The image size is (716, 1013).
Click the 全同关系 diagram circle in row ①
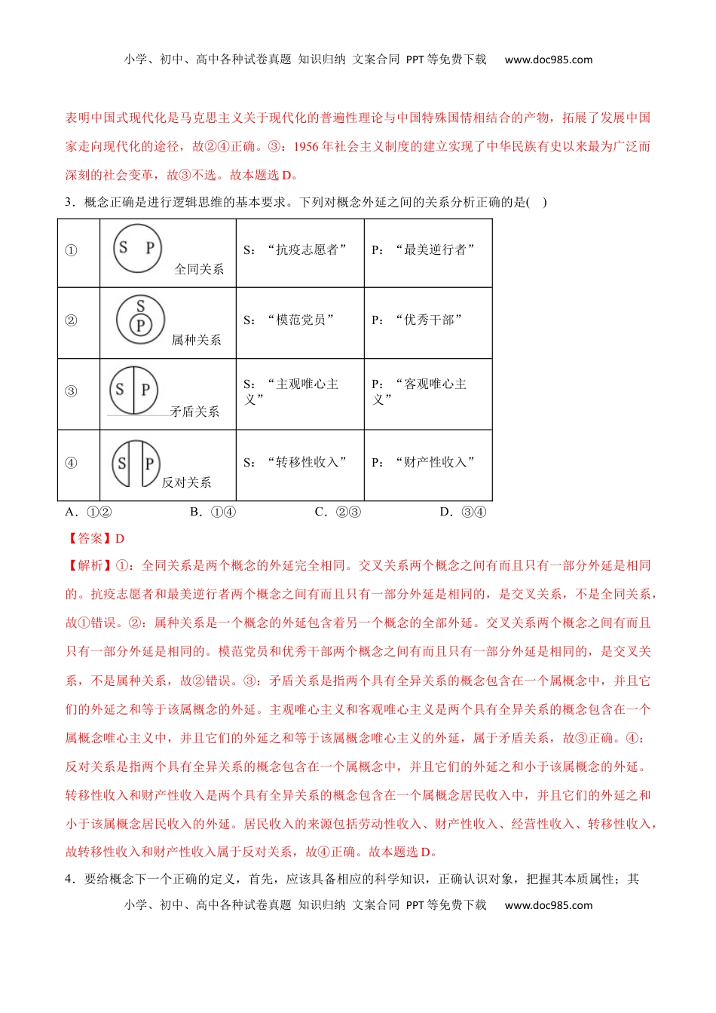[138, 248]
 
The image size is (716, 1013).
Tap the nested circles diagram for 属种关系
[140, 318]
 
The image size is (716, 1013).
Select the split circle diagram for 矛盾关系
[134, 390]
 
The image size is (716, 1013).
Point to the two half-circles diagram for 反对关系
[136, 464]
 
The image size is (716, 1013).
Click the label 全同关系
[199, 269]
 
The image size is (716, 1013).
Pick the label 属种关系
[197, 340]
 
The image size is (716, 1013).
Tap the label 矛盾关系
[194, 412]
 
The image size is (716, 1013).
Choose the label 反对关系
[186, 482]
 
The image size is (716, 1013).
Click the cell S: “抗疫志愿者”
[295, 249]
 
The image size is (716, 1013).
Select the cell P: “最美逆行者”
[423, 249]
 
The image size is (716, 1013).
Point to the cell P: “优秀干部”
[417, 320]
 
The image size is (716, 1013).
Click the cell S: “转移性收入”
[295, 462]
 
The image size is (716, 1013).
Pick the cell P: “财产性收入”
[423, 462]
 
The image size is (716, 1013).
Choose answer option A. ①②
[88, 512]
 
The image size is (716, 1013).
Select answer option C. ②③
[338, 512]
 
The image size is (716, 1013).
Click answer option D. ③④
[463, 512]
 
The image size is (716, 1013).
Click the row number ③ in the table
[71, 391]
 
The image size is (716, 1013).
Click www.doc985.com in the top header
[548, 60]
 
